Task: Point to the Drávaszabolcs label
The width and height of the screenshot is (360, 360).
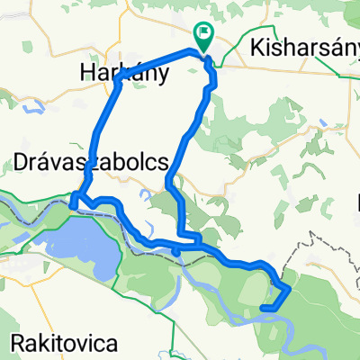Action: click(91, 161)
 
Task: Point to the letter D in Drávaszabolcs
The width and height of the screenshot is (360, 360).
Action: click(23, 161)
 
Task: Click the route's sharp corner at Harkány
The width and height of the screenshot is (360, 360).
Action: click(118, 82)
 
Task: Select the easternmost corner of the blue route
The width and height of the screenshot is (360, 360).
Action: click(290, 290)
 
